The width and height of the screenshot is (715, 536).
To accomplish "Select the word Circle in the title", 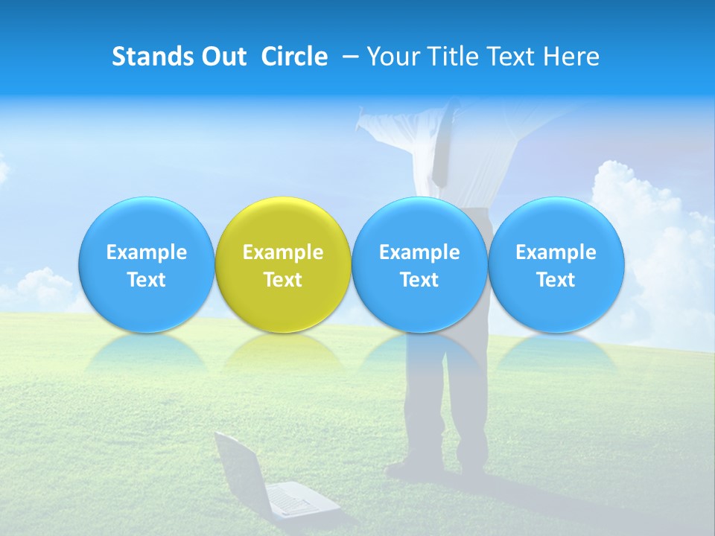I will point(294,57).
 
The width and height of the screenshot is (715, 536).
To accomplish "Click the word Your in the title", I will point(392,57).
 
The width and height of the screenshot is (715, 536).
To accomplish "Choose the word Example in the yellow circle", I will point(282,252).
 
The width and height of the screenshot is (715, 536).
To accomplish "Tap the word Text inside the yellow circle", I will point(282,280).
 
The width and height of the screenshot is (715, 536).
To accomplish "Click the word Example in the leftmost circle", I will point(146,252).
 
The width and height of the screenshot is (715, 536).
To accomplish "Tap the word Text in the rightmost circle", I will point(556,280).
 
